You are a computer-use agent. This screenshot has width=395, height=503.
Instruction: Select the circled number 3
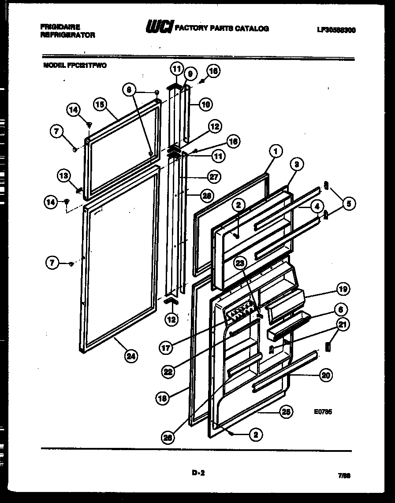(297, 164)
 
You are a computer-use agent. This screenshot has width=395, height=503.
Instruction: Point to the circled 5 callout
(349, 203)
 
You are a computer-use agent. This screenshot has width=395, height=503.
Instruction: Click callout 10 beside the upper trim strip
(205, 104)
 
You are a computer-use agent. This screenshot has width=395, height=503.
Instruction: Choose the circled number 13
(64, 176)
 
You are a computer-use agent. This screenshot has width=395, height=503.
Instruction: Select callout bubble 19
(343, 289)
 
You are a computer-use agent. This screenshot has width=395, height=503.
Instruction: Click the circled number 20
(326, 375)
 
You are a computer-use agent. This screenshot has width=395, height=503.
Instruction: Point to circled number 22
(168, 372)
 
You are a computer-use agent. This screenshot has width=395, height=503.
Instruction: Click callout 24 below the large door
(130, 356)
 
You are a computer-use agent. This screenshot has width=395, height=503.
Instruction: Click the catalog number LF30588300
(336, 30)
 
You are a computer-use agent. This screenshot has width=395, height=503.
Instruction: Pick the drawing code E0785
(324, 412)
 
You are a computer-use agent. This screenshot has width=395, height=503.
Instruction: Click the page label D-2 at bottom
(198, 473)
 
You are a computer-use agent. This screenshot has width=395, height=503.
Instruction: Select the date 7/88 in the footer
(344, 476)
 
